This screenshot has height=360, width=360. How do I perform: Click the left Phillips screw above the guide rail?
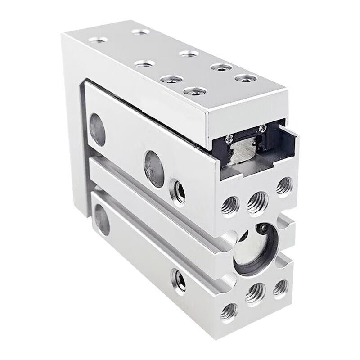pyautogui.click(x=230, y=138)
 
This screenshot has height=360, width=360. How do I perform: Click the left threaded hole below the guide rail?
pyautogui.click(x=230, y=206)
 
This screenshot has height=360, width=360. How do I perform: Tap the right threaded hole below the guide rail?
pyautogui.click(x=284, y=185)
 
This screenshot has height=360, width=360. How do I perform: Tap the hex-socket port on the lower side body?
pyautogui.click(x=179, y=281)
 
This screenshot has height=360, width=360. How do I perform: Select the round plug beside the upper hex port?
pyautogui.click(x=154, y=169)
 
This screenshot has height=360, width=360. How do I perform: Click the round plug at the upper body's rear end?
pyautogui.click(x=97, y=130)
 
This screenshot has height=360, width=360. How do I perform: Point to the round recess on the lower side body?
pyautogui.click(x=102, y=220)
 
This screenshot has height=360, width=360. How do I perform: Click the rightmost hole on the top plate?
pyautogui.click(x=245, y=78)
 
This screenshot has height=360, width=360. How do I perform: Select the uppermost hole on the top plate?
pyautogui.click(x=141, y=31)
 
